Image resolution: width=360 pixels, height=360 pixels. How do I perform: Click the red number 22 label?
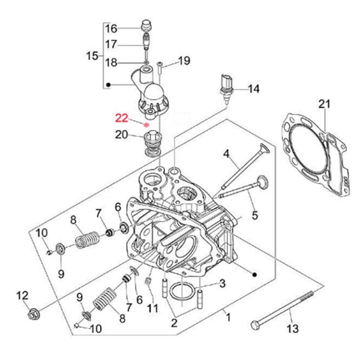coord(122,118)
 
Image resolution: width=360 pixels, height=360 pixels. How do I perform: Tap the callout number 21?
coord(324,105)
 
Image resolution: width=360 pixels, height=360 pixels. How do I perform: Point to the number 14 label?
coord(254,89)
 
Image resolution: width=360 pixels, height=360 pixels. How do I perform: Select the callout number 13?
coord(292,328)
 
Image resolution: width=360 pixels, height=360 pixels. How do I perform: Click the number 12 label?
coord(22,295)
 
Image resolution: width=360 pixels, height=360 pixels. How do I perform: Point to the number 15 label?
coord(92,56)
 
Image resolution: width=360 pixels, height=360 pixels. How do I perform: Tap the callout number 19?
coord(184,60)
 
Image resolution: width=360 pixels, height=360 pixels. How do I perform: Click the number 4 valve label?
coord(227,154)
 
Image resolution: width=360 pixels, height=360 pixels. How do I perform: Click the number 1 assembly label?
coord(227,314)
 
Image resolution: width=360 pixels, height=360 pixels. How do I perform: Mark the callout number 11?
coord(152,308)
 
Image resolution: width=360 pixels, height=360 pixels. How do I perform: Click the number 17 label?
coord(112,44)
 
